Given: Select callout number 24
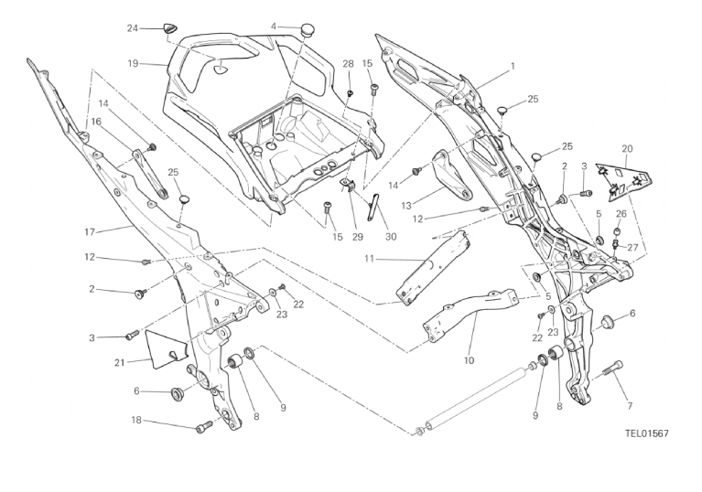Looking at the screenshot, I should click(x=133, y=28).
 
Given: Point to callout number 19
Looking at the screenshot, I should click(x=133, y=63).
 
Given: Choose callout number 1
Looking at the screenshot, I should click(x=513, y=66).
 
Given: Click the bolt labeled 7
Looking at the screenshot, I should click(x=611, y=371).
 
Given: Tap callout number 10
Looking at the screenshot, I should click(x=470, y=359).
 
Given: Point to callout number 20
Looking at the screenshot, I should click(x=627, y=148).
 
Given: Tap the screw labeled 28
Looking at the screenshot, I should click(x=349, y=93).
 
